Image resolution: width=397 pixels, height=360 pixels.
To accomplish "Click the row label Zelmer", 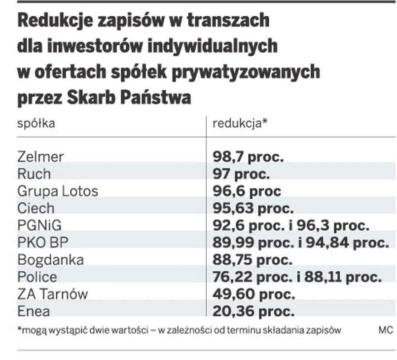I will point(40,157).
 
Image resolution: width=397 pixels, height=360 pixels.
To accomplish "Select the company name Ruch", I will point(34,174).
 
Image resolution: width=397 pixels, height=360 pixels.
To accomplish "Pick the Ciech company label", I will point(36,208).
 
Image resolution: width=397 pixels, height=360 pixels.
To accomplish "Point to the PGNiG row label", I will point(40,225).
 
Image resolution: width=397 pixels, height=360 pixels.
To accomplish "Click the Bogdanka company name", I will point(50,259).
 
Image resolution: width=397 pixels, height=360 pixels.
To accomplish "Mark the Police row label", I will point(37,277).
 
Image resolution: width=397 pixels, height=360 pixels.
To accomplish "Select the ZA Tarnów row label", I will point(52,294).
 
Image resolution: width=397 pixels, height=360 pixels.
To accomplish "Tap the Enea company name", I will point(34,311).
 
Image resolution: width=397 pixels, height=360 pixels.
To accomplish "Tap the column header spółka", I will point(36,123).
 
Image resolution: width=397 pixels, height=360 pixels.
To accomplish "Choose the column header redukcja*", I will point(240,123).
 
